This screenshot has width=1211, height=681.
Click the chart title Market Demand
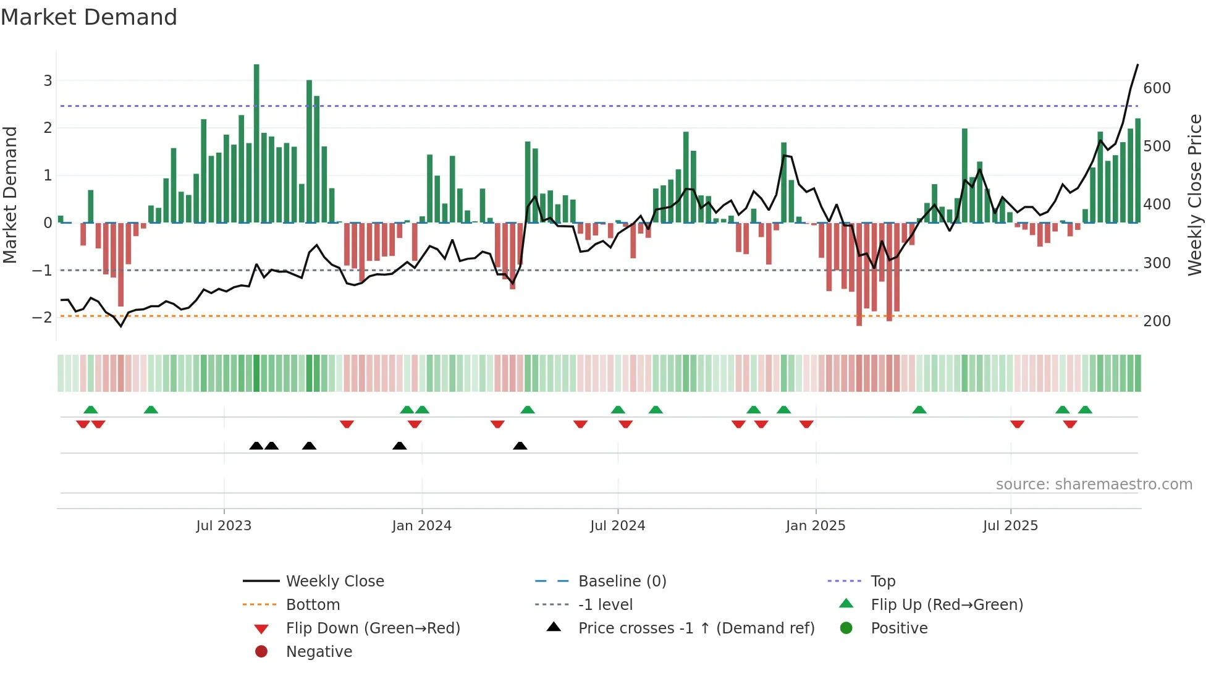click(x=89, y=17)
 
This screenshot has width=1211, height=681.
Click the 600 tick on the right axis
click(x=1157, y=88)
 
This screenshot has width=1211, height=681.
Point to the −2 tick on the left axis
click(x=42, y=318)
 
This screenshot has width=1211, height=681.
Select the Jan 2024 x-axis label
click(x=421, y=526)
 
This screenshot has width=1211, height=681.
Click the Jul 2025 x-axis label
click(x=1010, y=526)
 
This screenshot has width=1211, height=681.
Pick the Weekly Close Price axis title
click(x=1195, y=195)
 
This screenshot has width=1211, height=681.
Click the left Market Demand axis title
click(x=11, y=195)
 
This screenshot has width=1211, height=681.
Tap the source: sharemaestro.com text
click(x=1094, y=484)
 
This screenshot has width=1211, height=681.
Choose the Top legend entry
click(x=882, y=582)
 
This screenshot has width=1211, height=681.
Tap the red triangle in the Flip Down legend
click(x=261, y=629)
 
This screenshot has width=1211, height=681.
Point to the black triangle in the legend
click(x=554, y=627)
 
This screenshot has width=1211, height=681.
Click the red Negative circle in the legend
click(x=261, y=652)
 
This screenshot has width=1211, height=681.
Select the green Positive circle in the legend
click(x=846, y=628)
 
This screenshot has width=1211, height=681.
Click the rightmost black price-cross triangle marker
click(x=520, y=446)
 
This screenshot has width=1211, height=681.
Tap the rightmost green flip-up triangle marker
click(x=1085, y=410)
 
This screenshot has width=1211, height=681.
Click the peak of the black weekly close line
click(x=1137, y=65)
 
